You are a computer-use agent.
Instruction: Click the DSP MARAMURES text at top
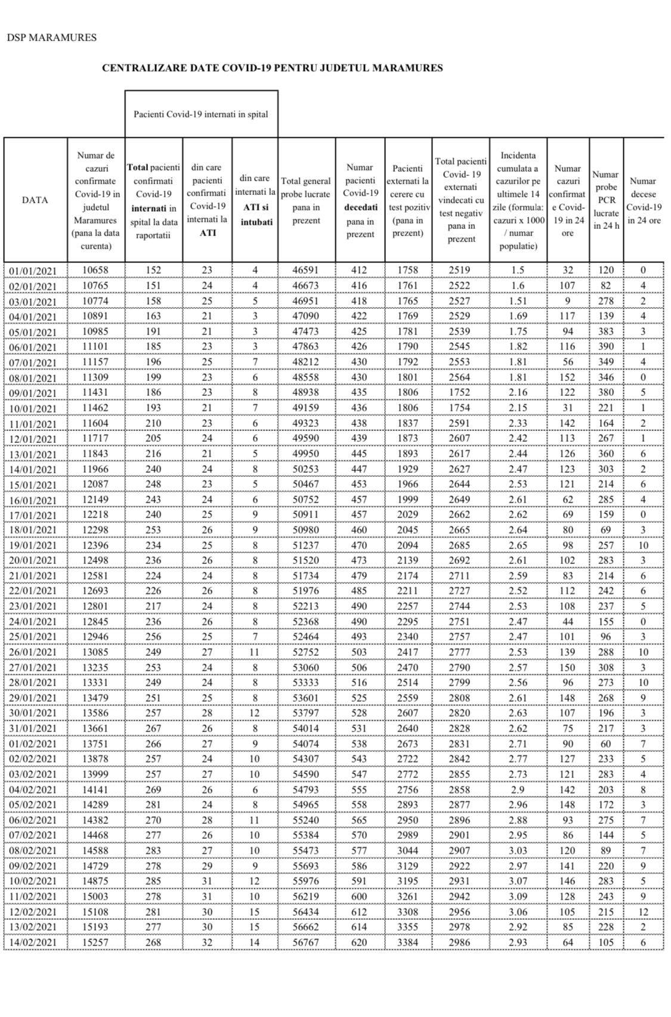pyautogui.click(x=51, y=38)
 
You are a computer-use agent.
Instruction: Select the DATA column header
pyautogui.click(x=35, y=200)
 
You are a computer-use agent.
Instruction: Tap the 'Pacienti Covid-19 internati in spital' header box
pyautogui.click(x=201, y=114)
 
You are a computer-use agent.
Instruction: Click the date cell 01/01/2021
pyautogui.click(x=34, y=271)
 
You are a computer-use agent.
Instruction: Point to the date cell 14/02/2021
pyautogui.click(x=34, y=943)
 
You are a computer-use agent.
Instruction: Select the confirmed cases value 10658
pyautogui.click(x=95, y=270)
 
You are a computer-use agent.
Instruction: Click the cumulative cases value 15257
pyautogui.click(x=95, y=942)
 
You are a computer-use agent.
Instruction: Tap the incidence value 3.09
pyautogui.click(x=518, y=896)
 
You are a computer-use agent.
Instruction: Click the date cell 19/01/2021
pyautogui.click(x=34, y=546)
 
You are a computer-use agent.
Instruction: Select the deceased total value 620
pyautogui.click(x=359, y=942)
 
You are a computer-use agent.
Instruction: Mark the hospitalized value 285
pyautogui.click(x=153, y=880)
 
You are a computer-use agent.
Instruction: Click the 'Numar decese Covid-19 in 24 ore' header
pyautogui.click(x=644, y=200)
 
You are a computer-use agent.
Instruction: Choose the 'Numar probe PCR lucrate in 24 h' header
pyautogui.click(x=606, y=200)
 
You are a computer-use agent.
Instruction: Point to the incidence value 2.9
pyautogui.click(x=518, y=789)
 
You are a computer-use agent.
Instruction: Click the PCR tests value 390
pyautogui.click(x=606, y=346)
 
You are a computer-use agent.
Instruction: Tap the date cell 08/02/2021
pyautogui.click(x=34, y=851)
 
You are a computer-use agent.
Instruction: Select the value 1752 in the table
pyautogui.click(x=459, y=392)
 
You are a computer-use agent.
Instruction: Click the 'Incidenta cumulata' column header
pyautogui.click(x=518, y=200)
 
